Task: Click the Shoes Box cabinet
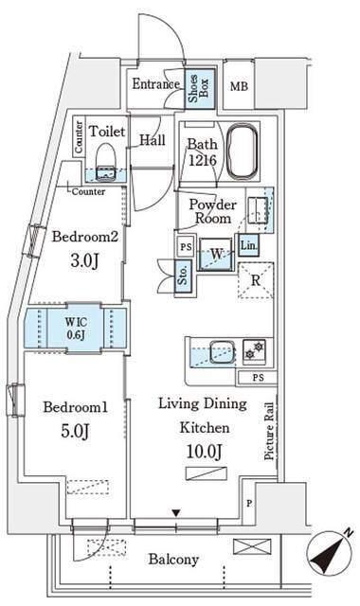pos(200,89)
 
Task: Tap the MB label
pos(239,86)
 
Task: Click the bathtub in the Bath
pos(243,151)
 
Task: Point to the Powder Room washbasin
pos(258,210)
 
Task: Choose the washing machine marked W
pos(216,254)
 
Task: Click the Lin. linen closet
pos(248,245)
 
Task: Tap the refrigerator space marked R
pos(256,280)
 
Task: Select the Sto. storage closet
pos(184,275)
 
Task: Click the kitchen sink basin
pos(222,351)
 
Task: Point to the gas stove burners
pos(255,349)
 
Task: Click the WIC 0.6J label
pos(76,329)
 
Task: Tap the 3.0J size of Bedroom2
pos(84,261)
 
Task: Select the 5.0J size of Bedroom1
pos(75,431)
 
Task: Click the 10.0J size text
pos(205,451)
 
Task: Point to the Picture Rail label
pos(269,431)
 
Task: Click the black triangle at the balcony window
pos(176,513)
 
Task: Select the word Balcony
pos(173,560)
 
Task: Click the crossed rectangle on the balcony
pos(252,547)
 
